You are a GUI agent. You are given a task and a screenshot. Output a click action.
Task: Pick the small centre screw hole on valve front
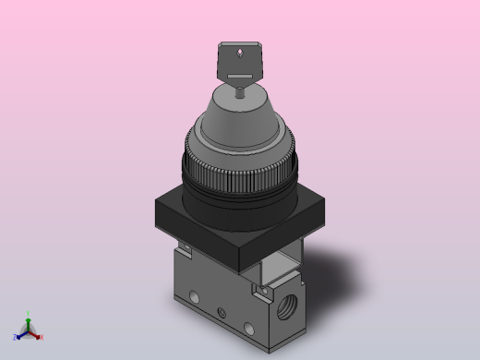pos(221,310)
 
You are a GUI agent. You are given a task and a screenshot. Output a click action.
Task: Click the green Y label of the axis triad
pos(29,314)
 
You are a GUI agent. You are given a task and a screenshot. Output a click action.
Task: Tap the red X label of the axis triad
pos(41,337)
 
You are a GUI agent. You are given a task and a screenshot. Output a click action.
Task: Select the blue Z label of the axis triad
pos(16,337)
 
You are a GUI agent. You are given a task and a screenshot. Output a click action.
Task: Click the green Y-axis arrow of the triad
pos(29,322)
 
